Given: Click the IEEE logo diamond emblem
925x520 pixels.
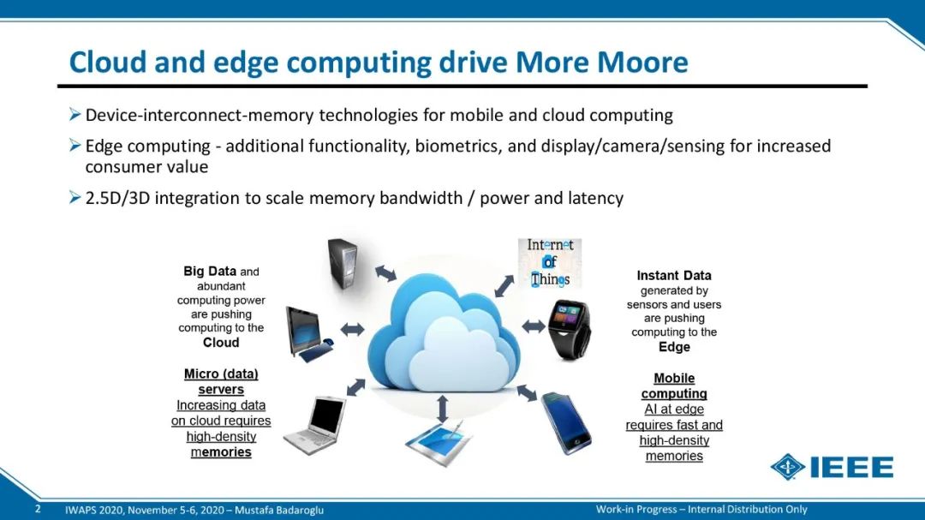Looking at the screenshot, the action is [x=788, y=467].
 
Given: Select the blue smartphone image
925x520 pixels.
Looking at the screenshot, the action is [x=566, y=422].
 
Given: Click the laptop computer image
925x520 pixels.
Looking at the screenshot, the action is [x=315, y=425].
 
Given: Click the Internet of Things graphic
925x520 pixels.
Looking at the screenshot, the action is [x=550, y=263].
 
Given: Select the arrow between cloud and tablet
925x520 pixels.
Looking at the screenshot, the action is [x=443, y=409].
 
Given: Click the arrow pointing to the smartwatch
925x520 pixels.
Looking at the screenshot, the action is [x=534, y=326].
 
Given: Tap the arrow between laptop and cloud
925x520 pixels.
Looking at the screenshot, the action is [x=355, y=387].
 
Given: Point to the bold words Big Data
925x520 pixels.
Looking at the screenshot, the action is [x=210, y=271].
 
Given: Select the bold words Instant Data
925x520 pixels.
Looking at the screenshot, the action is [x=674, y=275].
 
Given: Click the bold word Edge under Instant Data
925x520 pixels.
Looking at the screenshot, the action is [x=674, y=346].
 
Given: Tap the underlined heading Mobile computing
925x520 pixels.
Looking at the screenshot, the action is [x=674, y=386].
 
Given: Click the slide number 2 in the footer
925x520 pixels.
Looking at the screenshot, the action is [x=38, y=509].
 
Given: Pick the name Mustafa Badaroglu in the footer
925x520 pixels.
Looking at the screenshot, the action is [x=279, y=510].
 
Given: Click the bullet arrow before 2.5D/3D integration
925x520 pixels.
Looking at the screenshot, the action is [x=75, y=197].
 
